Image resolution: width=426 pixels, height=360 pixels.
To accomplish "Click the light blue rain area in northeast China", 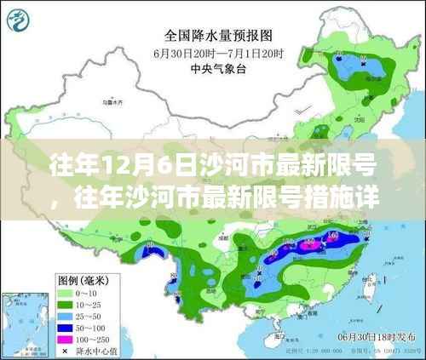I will pyautogui.click(x=358, y=72).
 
